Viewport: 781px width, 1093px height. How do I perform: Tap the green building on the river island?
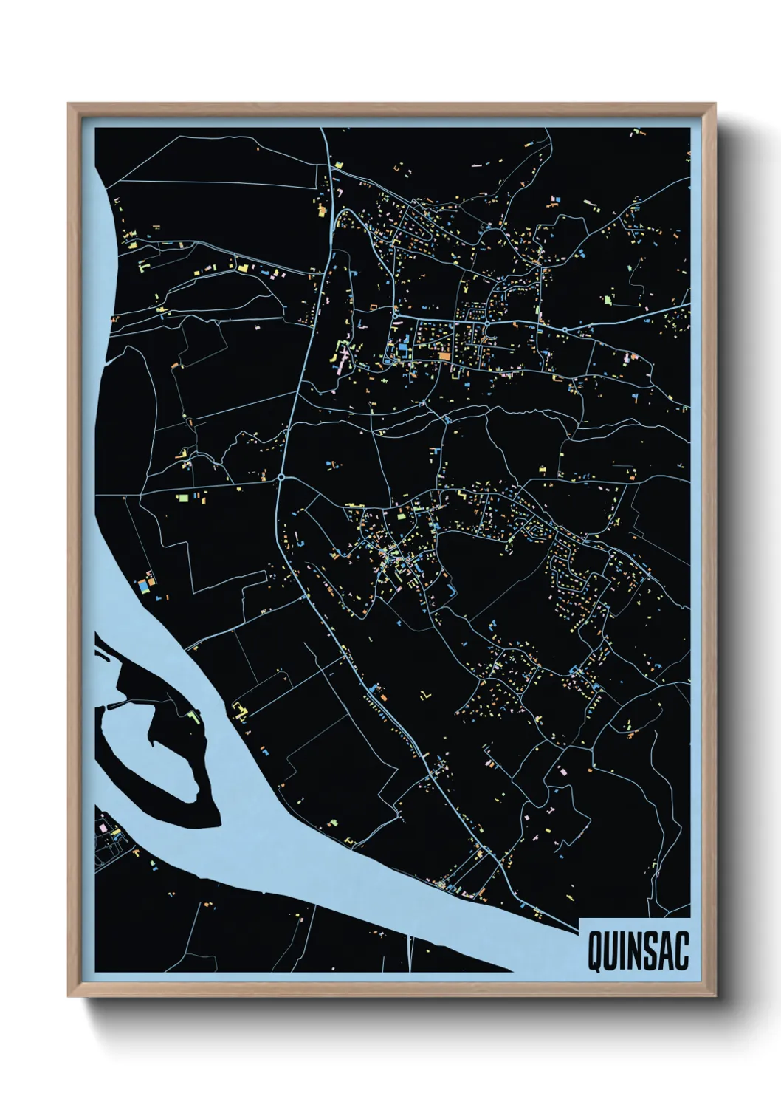point(195,716)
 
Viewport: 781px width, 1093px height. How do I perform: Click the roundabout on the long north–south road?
point(281,478)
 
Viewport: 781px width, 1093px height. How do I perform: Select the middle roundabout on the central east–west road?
point(488,323)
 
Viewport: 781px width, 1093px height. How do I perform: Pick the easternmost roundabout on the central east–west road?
point(565,329)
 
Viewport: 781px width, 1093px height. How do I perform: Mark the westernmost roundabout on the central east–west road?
point(396,317)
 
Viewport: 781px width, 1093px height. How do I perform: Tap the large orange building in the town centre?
point(444,356)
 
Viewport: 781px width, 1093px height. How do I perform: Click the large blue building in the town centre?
point(402,346)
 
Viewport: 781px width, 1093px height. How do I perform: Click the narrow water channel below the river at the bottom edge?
point(408,953)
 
